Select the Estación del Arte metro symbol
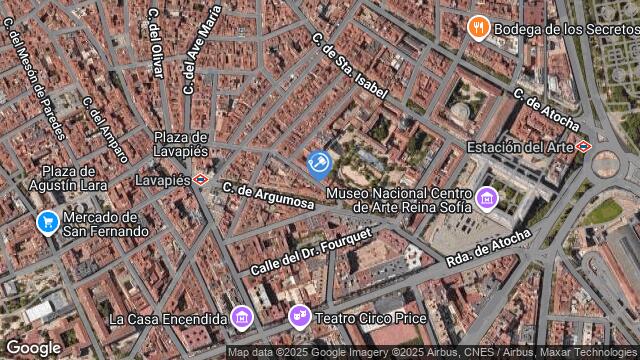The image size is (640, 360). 584,147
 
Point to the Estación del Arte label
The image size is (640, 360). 520,147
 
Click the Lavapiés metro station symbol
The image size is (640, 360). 201,180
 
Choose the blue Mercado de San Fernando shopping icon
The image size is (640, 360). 46,222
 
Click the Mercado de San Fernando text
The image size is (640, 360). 106,224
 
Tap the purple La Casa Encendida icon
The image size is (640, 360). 241,318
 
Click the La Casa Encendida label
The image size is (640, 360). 168,319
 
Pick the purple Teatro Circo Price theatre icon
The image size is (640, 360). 298,318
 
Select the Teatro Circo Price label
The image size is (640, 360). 371,319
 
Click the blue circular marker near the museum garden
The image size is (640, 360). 319,164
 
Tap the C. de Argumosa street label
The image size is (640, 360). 268,195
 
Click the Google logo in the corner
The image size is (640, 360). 33,347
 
